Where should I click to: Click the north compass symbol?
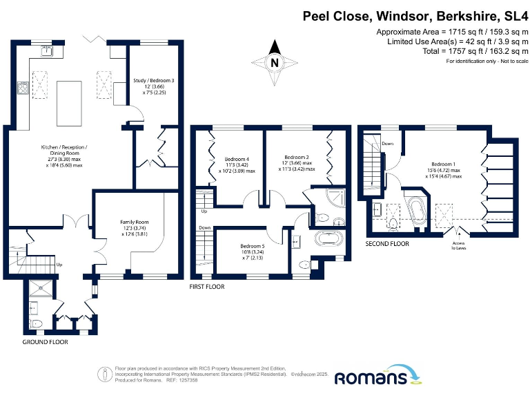point(275,61)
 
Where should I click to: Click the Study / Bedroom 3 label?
point(153,86)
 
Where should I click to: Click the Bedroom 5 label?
point(252,250)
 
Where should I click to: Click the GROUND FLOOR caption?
point(44,343)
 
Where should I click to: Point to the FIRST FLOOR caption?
point(207,286)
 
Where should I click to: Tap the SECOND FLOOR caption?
point(386,244)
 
